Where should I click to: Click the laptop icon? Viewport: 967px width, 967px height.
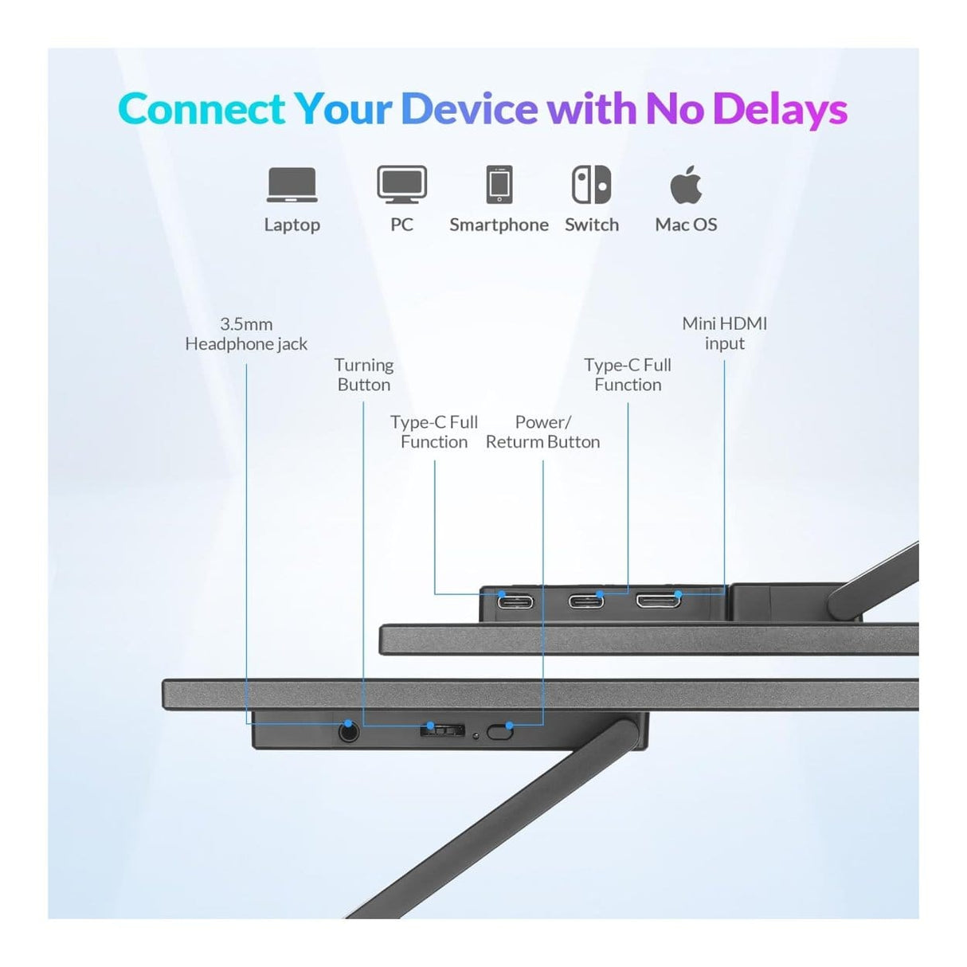[x=292, y=185]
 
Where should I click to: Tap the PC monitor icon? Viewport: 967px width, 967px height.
[x=401, y=184]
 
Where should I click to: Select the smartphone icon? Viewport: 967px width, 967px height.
[x=499, y=184]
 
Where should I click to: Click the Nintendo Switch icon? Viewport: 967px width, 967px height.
[x=591, y=184]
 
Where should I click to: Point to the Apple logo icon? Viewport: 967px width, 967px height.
[x=686, y=184]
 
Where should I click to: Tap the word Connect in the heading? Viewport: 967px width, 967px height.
[x=202, y=108]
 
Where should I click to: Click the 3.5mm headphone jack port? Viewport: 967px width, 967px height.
[x=349, y=733]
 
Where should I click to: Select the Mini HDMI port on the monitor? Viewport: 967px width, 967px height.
[x=659, y=600]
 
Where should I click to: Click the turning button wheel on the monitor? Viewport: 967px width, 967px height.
[x=441, y=730]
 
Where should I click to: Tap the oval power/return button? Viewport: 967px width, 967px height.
[x=499, y=732]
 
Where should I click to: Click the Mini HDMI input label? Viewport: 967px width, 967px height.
[x=724, y=334]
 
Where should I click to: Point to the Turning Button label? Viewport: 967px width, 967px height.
[x=364, y=375]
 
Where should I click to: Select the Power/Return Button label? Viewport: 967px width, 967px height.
[x=542, y=432]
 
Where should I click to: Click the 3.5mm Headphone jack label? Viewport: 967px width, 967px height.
[x=246, y=335]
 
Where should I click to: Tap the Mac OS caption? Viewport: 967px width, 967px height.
[x=686, y=225]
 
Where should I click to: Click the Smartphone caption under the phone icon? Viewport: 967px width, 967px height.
[x=499, y=225]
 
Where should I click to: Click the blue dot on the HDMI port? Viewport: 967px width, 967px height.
[x=678, y=594]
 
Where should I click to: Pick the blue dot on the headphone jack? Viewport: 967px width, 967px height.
[x=348, y=723]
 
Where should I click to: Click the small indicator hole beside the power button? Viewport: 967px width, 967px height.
[x=476, y=736]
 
